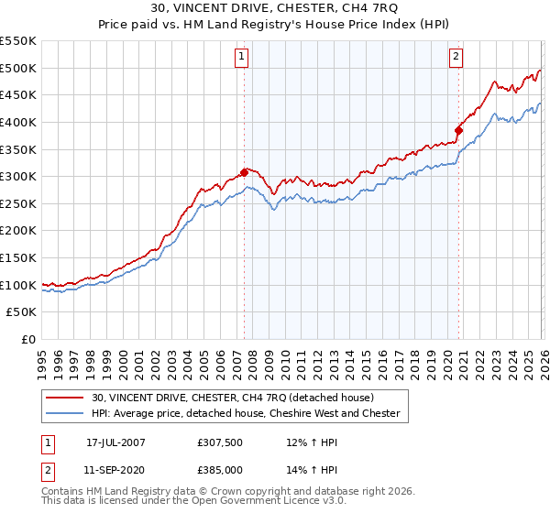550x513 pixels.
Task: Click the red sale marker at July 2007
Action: click(245, 171)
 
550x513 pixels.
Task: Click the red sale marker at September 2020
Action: click(458, 129)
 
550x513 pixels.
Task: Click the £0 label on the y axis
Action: click(29, 340)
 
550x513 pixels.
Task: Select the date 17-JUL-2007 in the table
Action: click(115, 442)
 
